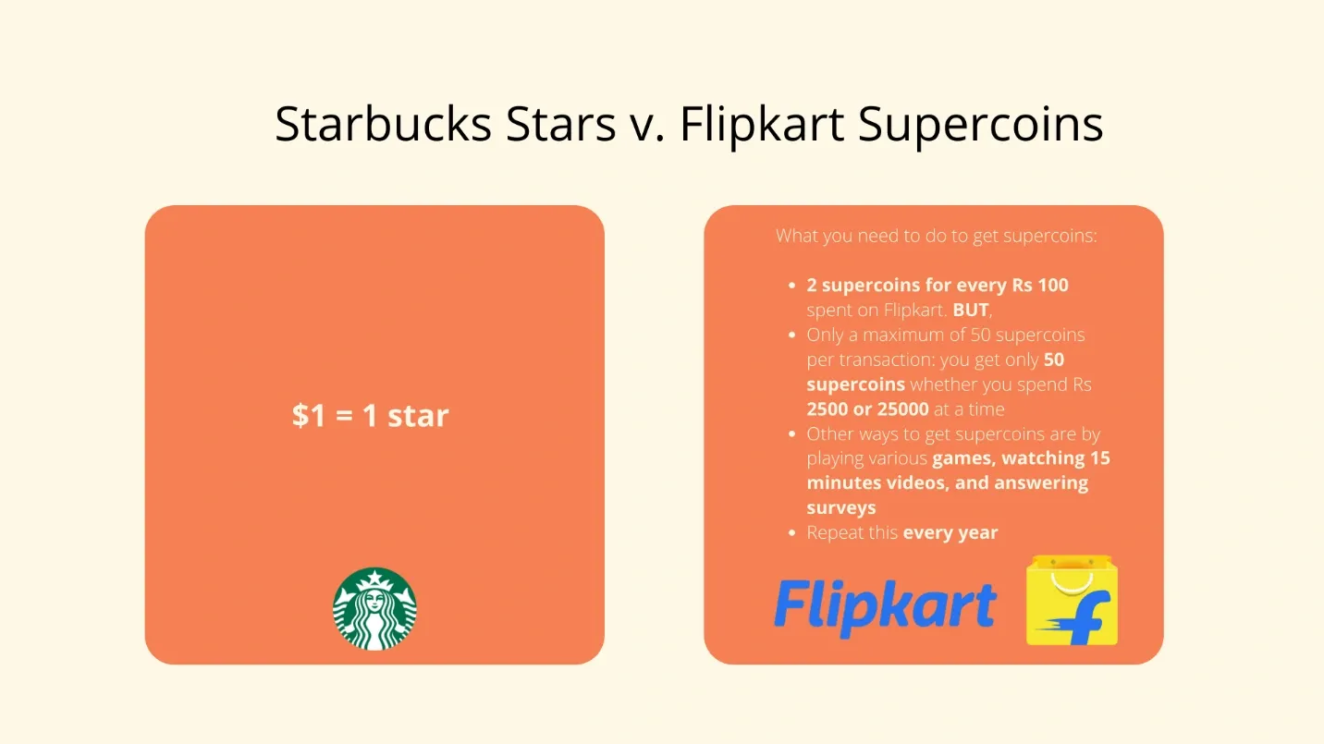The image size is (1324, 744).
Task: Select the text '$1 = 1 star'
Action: pyautogui.click(x=371, y=416)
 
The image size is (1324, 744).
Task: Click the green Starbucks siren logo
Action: pyautogui.click(x=374, y=608)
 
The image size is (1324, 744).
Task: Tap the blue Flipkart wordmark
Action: pyautogui.click(x=885, y=608)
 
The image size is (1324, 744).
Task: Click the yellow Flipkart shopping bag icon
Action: pyautogui.click(x=1072, y=601)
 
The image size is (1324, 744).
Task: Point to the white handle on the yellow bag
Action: pyautogui.click(x=1073, y=578)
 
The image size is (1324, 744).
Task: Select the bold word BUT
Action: pyautogui.click(x=971, y=311)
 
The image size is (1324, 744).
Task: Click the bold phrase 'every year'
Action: pyautogui.click(x=950, y=533)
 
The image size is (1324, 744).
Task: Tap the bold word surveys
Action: pyautogui.click(x=840, y=508)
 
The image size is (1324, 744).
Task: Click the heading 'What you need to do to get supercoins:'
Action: pyautogui.click(x=936, y=236)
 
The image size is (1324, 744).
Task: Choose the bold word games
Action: pyautogui.click(x=962, y=458)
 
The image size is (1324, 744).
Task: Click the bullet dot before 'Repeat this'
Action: pyautogui.click(x=791, y=534)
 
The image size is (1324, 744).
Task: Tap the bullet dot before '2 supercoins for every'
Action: pyautogui.click(x=791, y=287)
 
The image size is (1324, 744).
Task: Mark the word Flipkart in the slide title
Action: pyautogui.click(x=761, y=124)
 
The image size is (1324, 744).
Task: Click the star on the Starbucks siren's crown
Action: pyautogui.click(x=374, y=579)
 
